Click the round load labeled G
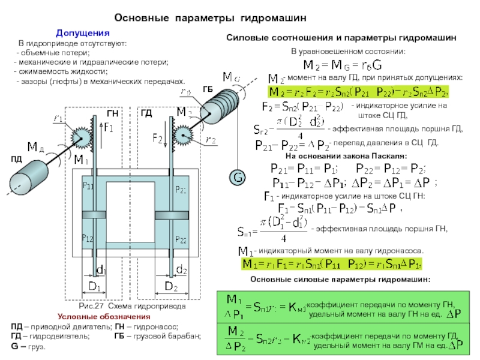point(238,178)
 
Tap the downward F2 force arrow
point(165,139)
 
